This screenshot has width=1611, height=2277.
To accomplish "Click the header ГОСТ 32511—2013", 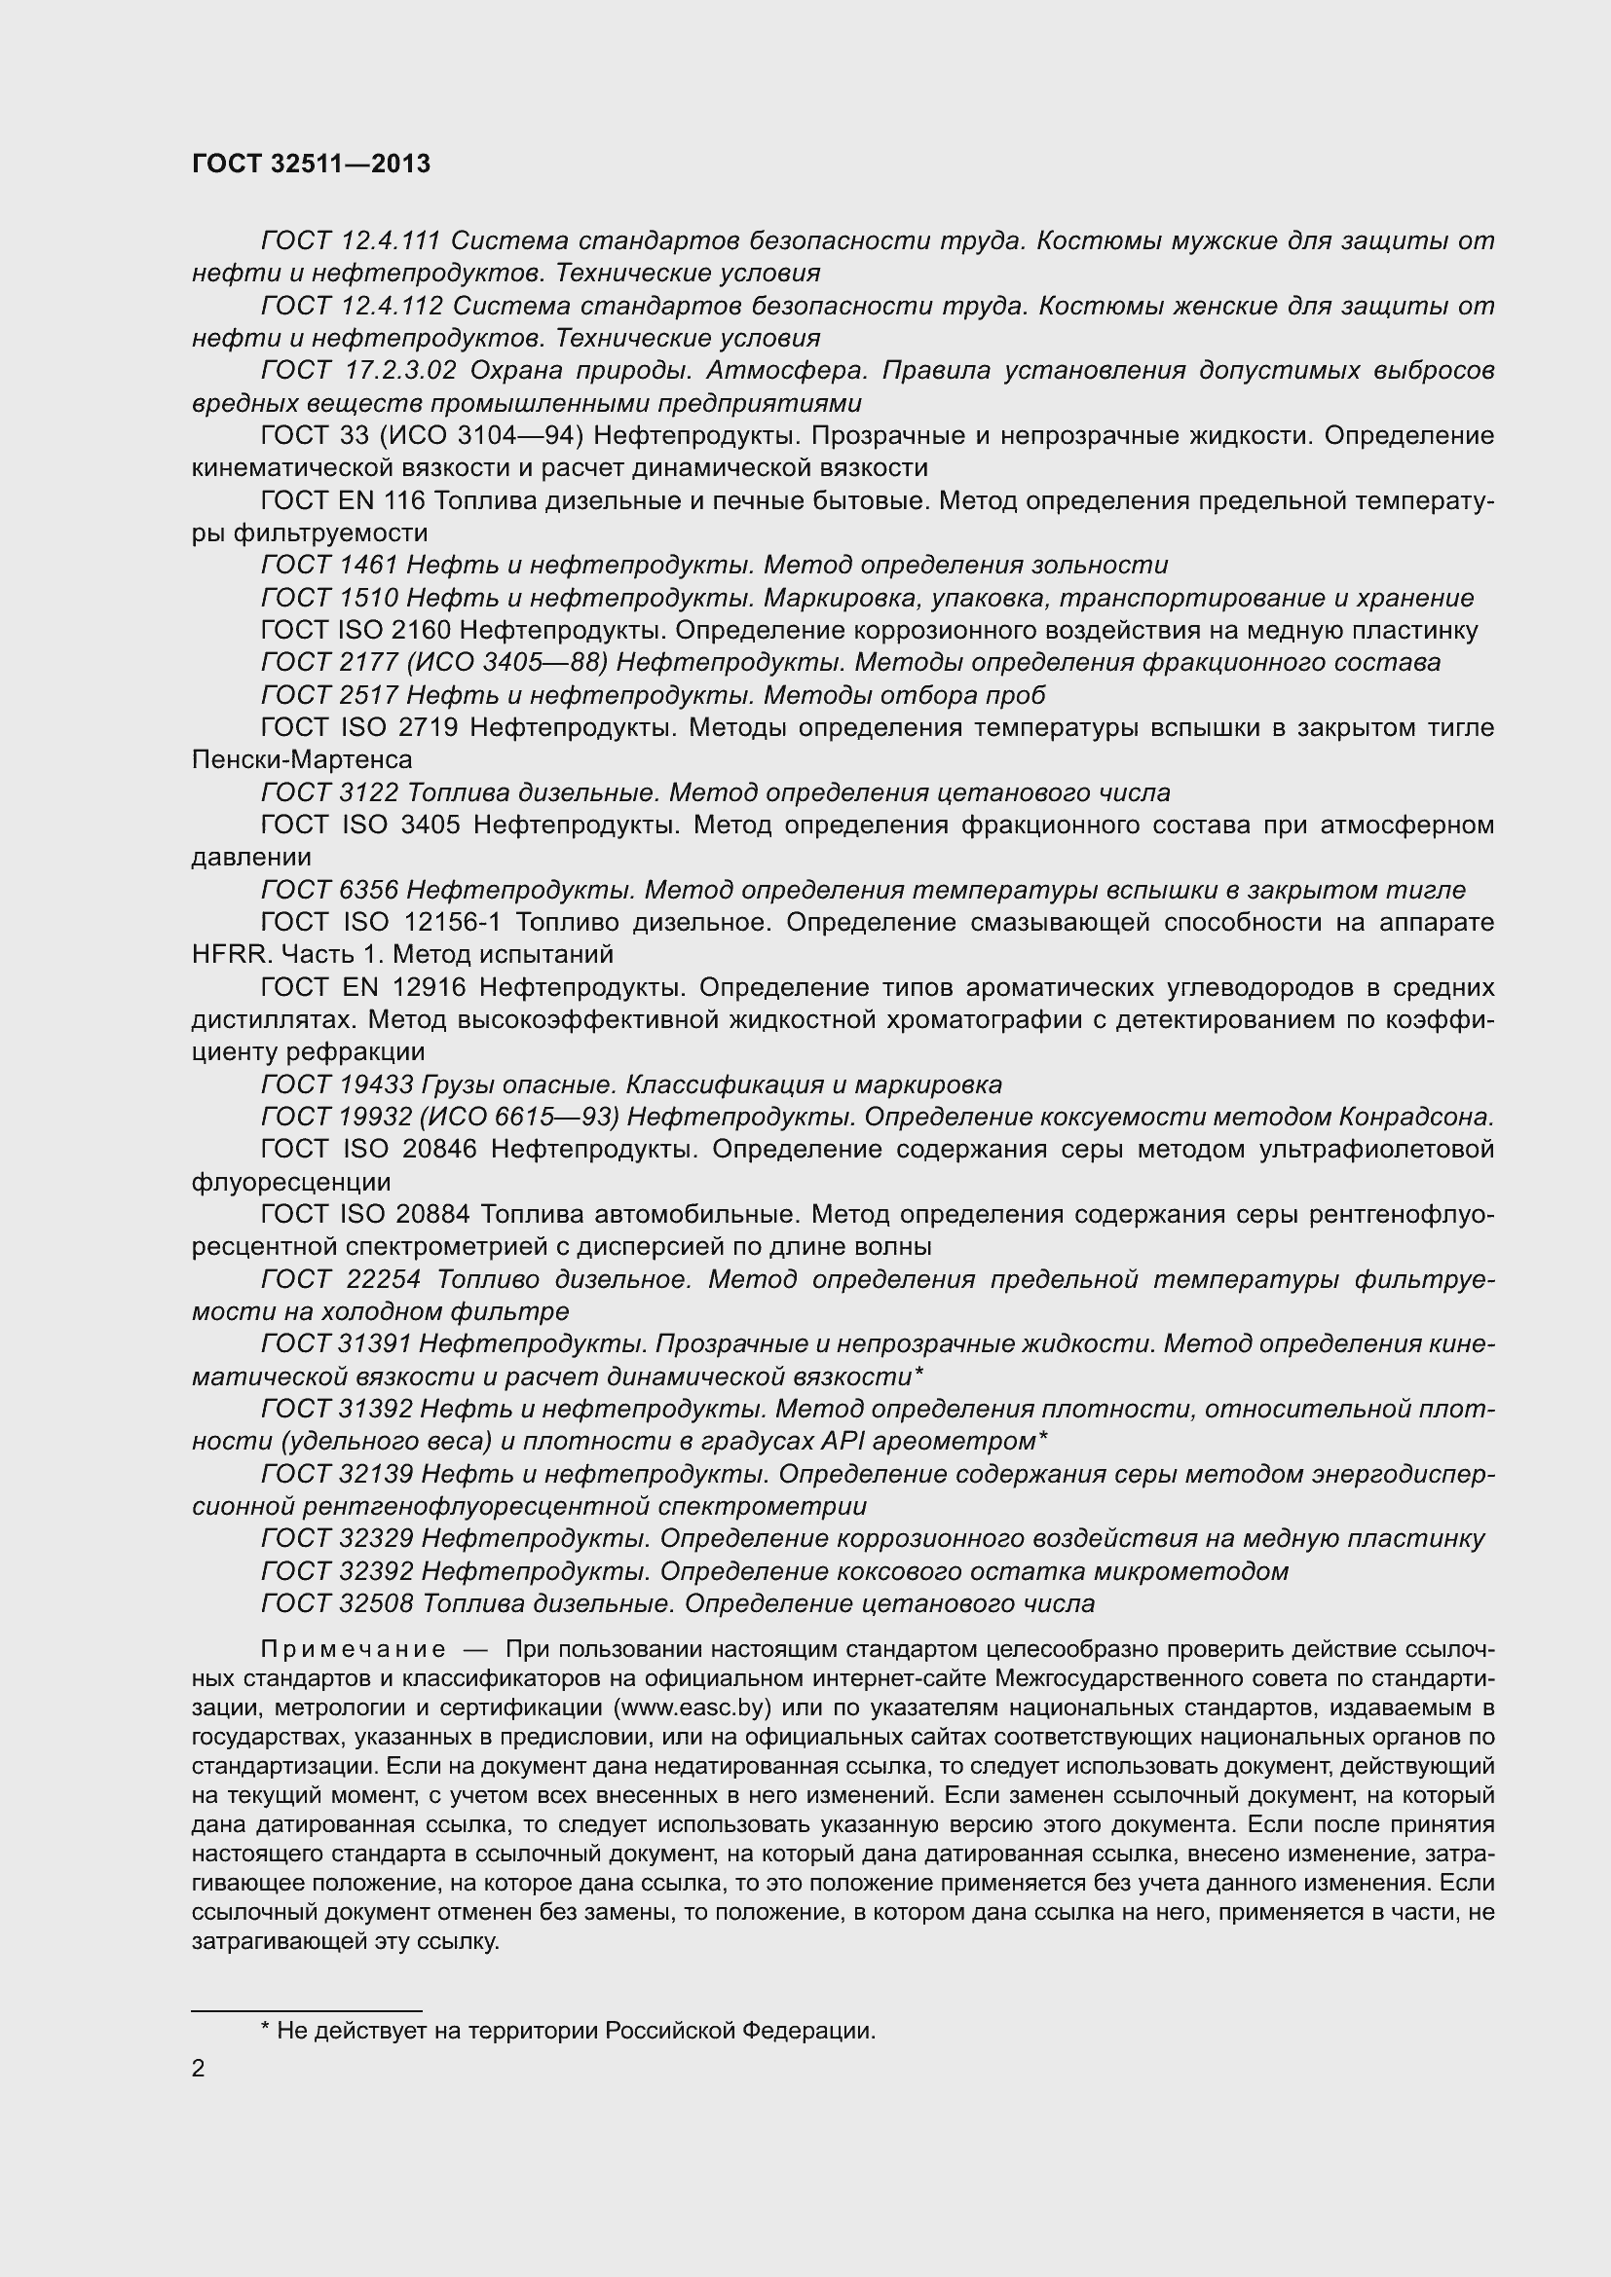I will pyautogui.click(x=311, y=164).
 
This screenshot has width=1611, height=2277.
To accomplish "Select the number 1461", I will pyautogui.click(x=368, y=565).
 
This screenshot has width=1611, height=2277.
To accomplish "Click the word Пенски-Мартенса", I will pyautogui.click(x=302, y=759).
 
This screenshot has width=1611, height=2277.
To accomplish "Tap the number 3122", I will pyautogui.click(x=368, y=792).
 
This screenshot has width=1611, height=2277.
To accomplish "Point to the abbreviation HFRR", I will pyautogui.click(x=230, y=954).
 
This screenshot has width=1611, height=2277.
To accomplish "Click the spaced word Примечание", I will pyautogui.click(x=354, y=1649).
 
